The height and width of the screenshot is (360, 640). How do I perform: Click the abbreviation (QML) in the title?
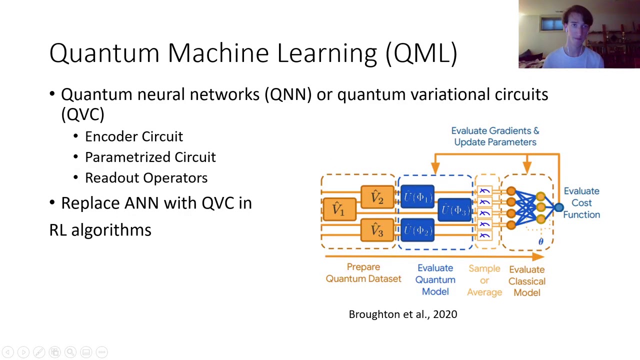(421, 53)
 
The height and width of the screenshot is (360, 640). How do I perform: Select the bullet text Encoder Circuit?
(134, 136)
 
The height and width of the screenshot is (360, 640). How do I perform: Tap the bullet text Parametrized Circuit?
(150, 157)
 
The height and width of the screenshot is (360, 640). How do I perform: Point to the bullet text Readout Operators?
(146, 177)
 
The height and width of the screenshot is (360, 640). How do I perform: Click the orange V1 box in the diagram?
(339, 209)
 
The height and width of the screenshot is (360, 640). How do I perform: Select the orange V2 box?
(377, 197)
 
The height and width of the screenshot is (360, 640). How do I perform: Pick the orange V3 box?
(377, 230)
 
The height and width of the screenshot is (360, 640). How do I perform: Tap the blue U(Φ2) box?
(417, 230)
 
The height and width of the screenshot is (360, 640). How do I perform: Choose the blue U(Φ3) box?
(455, 210)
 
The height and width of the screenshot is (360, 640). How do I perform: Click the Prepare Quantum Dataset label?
(363, 273)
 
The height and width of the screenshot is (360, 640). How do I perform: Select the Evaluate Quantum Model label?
(435, 279)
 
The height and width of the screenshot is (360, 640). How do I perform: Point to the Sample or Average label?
(484, 280)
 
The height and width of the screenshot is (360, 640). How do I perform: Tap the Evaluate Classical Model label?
(526, 281)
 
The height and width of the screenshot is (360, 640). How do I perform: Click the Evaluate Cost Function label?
(581, 202)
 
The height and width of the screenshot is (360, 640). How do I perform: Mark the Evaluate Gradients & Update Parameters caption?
(495, 136)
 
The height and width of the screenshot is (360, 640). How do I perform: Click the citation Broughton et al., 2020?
(402, 314)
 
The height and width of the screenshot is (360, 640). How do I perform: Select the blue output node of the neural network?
(558, 207)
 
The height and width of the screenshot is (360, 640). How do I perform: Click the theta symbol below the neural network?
(540, 242)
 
